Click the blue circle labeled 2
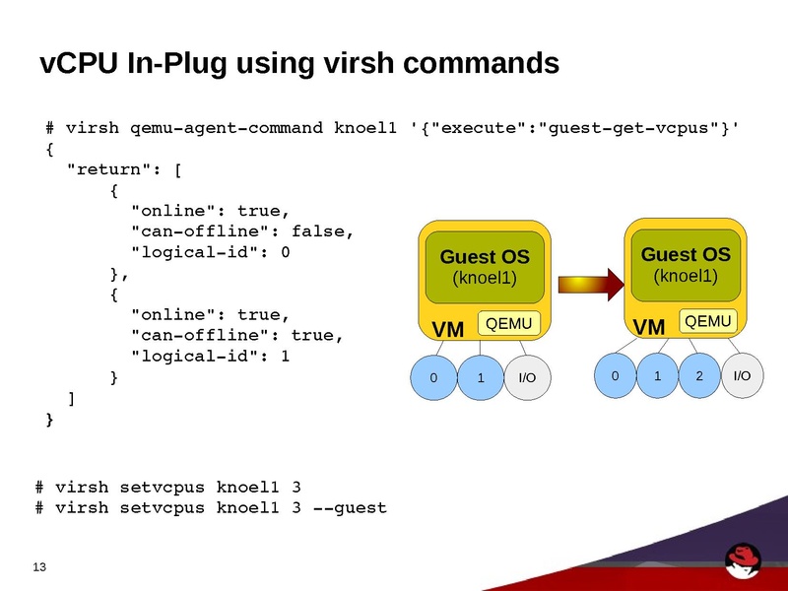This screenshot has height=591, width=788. [x=699, y=375]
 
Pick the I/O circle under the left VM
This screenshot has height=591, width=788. [x=527, y=378]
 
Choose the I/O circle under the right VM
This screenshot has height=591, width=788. [x=742, y=375]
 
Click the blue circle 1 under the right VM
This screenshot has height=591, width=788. [x=657, y=375]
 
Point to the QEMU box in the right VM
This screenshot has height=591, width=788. [x=708, y=321]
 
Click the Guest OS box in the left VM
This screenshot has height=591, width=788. [x=485, y=267]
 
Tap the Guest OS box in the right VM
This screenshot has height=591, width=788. [x=686, y=264]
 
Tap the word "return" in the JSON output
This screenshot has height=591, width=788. [x=102, y=169]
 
